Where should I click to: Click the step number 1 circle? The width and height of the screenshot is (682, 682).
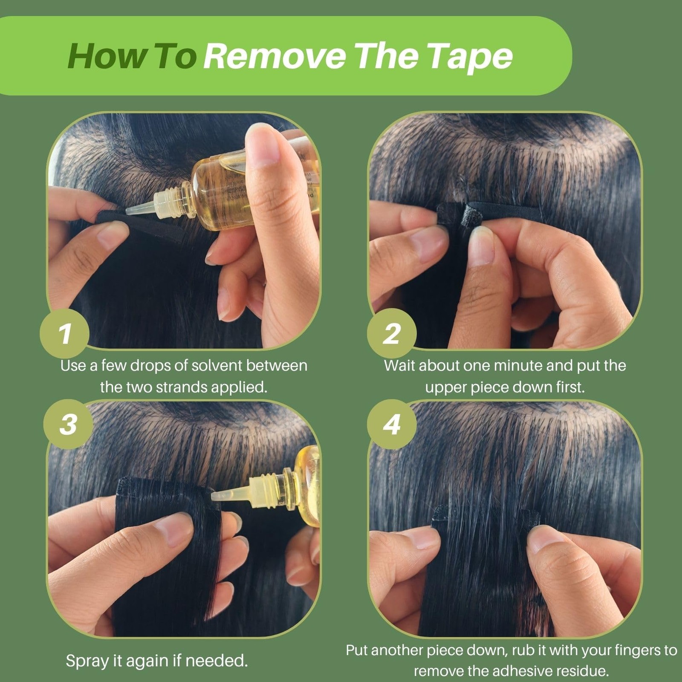(x=64, y=334)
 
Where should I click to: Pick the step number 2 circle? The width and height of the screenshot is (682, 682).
(x=392, y=334)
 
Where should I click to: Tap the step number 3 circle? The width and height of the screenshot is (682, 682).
(x=68, y=424)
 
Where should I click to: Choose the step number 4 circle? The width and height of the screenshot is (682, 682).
(x=392, y=424)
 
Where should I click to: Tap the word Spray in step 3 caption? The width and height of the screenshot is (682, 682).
(x=87, y=662)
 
